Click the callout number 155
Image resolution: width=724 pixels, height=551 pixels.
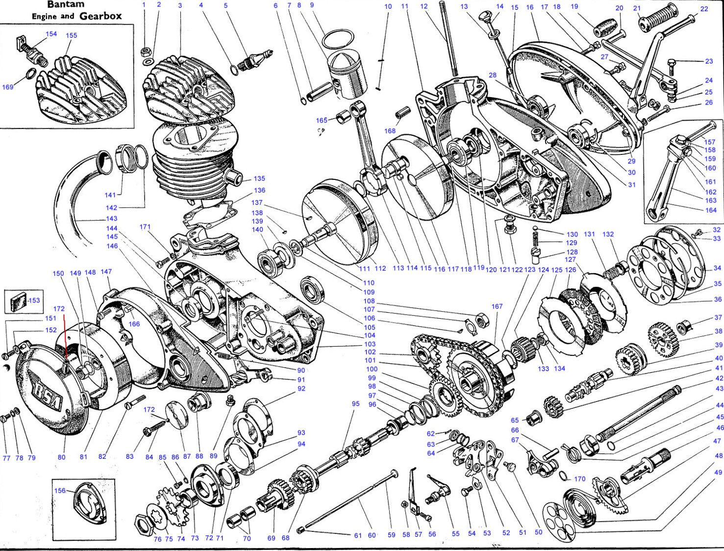tap(71, 35)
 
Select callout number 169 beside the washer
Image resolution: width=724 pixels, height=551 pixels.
tap(7, 87)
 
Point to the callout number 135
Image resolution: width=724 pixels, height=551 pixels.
tap(259, 178)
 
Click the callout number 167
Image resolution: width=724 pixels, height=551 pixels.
tap(497, 306)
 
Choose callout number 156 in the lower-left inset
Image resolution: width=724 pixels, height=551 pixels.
tap(60, 490)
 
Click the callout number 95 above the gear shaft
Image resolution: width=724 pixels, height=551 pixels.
tap(355, 403)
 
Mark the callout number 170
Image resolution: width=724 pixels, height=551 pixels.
tap(579, 479)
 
